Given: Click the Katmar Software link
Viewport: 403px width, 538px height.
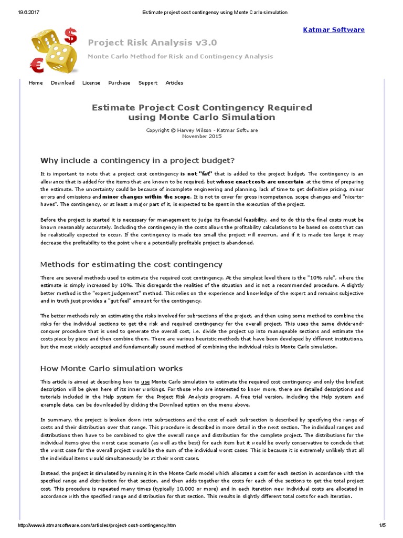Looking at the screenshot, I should (334, 30).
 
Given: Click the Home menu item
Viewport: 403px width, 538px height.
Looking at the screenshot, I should (36, 82).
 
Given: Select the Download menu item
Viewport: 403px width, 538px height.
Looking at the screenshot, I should (62, 82).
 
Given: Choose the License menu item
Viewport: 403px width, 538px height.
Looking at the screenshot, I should (91, 82).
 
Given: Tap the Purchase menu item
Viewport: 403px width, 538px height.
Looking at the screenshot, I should (119, 82).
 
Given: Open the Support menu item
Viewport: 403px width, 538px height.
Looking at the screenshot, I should (148, 82).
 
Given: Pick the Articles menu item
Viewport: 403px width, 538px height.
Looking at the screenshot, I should (174, 82).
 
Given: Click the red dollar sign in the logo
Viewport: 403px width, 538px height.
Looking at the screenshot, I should (70, 36).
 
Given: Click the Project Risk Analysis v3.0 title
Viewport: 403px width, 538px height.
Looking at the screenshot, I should (152, 43).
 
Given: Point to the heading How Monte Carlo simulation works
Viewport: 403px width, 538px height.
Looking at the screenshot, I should (112, 369).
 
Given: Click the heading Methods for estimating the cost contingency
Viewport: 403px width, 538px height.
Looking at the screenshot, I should (131, 264).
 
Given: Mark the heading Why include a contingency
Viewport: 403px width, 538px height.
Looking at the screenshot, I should (137, 160).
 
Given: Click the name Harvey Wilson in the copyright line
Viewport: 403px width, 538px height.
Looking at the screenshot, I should (196, 130).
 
